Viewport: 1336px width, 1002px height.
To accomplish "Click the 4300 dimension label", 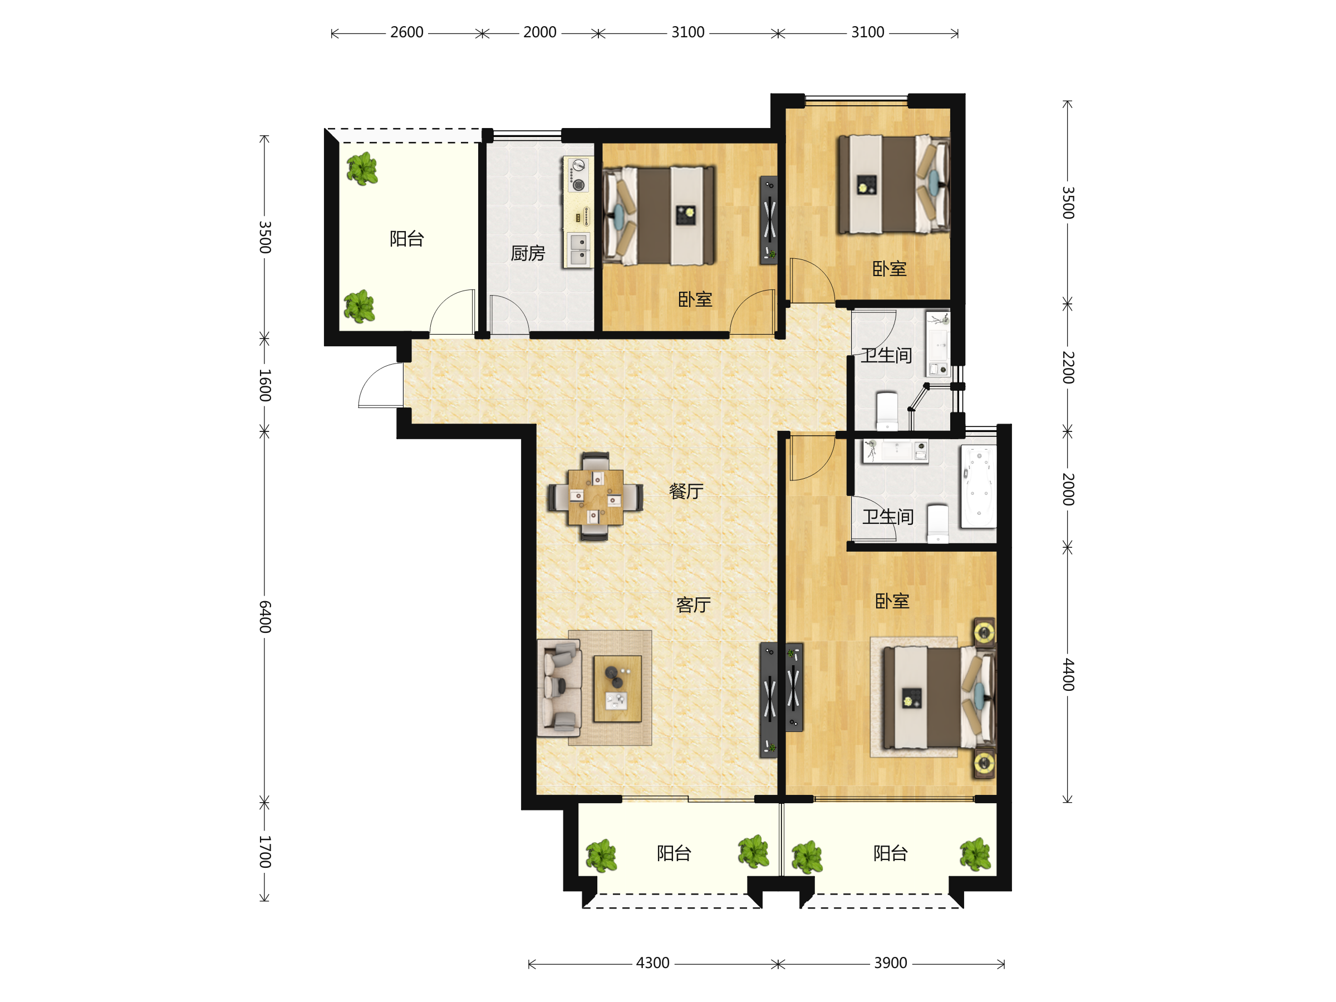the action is coord(652,962).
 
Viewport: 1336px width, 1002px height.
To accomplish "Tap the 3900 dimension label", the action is coord(890,962).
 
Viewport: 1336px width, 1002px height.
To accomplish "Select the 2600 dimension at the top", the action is coord(406,32).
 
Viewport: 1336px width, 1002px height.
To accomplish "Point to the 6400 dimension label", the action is coord(264,617).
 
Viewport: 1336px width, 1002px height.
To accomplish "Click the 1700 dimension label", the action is coord(264,852).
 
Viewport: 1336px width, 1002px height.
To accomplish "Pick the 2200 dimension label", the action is coord(1068,367).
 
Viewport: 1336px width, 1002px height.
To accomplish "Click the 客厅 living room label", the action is coord(694,605).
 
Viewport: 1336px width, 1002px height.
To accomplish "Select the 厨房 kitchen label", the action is coord(528,253).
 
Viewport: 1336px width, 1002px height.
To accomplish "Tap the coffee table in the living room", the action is coord(617,689).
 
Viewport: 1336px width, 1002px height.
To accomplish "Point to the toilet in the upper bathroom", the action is coord(887,411).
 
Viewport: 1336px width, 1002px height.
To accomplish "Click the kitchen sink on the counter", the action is coord(578,249).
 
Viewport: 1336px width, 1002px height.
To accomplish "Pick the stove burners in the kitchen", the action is coord(578,175).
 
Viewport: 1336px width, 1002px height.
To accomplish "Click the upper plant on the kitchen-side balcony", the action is coord(362,169).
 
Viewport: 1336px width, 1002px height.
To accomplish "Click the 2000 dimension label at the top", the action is coord(539,32).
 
